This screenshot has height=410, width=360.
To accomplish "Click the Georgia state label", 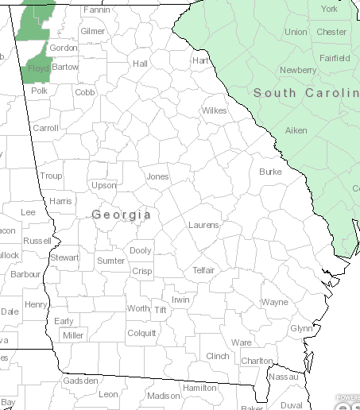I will pyautogui.click(x=122, y=215).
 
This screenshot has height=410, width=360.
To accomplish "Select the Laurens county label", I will pyautogui.click(x=203, y=226).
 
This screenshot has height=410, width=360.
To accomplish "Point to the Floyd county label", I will pyautogui.click(x=39, y=69).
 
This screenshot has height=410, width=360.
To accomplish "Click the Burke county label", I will pyautogui.click(x=270, y=172).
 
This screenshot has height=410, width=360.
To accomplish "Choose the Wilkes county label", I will pyautogui.click(x=214, y=110).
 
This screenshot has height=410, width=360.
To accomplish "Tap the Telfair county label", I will pyautogui.click(x=204, y=270).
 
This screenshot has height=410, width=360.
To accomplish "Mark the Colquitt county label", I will pyautogui.click(x=142, y=334).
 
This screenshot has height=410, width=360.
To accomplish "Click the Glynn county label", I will pyautogui.click(x=301, y=328).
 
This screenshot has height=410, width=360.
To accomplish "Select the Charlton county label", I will pyautogui.click(x=257, y=361).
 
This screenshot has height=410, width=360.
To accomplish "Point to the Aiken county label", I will pyautogui.click(x=296, y=130).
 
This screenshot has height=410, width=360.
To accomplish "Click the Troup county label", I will pyautogui.click(x=51, y=176).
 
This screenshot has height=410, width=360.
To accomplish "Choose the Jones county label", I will pyautogui.click(x=158, y=176).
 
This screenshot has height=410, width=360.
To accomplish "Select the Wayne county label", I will pyautogui.click(x=275, y=303).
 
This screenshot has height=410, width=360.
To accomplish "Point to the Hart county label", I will pyautogui.click(x=200, y=60).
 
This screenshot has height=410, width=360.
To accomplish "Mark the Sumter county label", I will pyautogui.click(x=111, y=261).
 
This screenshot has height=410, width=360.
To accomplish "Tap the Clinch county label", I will pyautogui.click(x=217, y=356).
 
